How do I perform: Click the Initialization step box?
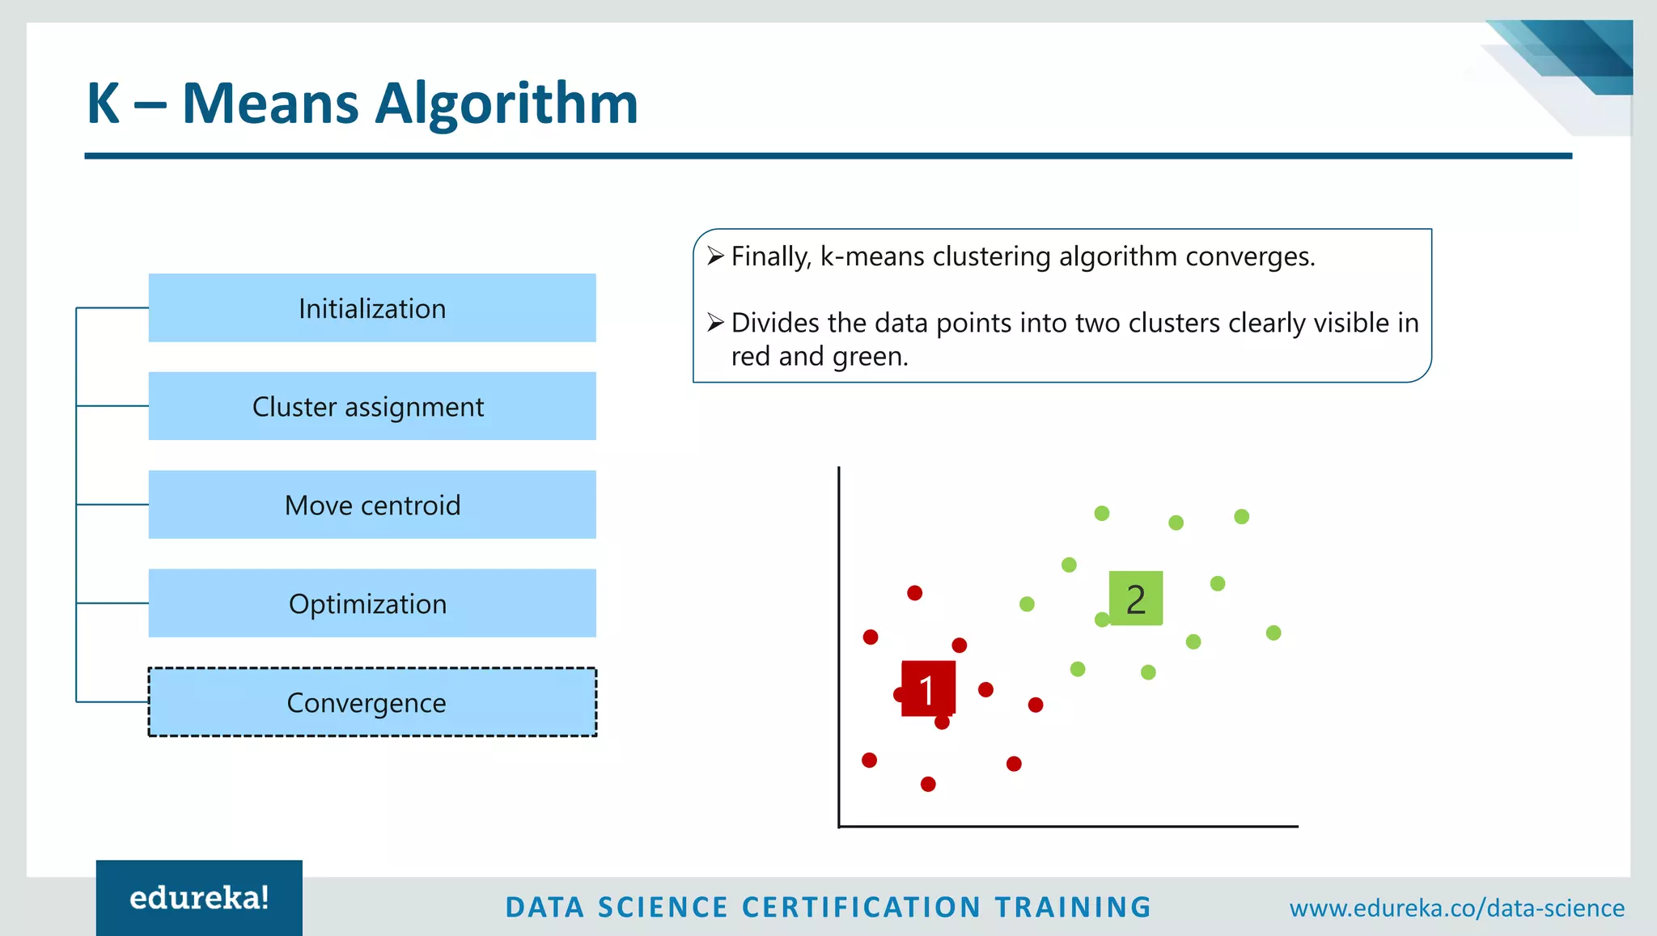tap(372, 308)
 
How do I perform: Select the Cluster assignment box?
tap(372, 406)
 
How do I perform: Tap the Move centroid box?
tap(372, 505)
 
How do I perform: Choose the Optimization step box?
tap(372, 604)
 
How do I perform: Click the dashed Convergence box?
tap(372, 702)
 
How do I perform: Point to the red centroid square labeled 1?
tap(928, 688)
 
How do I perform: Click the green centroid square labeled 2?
tap(1136, 599)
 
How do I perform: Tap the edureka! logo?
tap(199, 898)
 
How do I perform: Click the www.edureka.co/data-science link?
tap(1456, 908)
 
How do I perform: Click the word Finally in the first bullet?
tap(770, 256)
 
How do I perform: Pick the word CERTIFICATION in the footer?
tap(862, 907)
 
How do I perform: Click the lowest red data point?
tap(928, 784)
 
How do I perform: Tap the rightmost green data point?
tap(1273, 633)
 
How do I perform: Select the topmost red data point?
tap(915, 593)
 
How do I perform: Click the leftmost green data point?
tap(1027, 604)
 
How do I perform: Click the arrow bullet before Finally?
tap(715, 256)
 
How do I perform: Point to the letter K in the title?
tap(104, 104)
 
